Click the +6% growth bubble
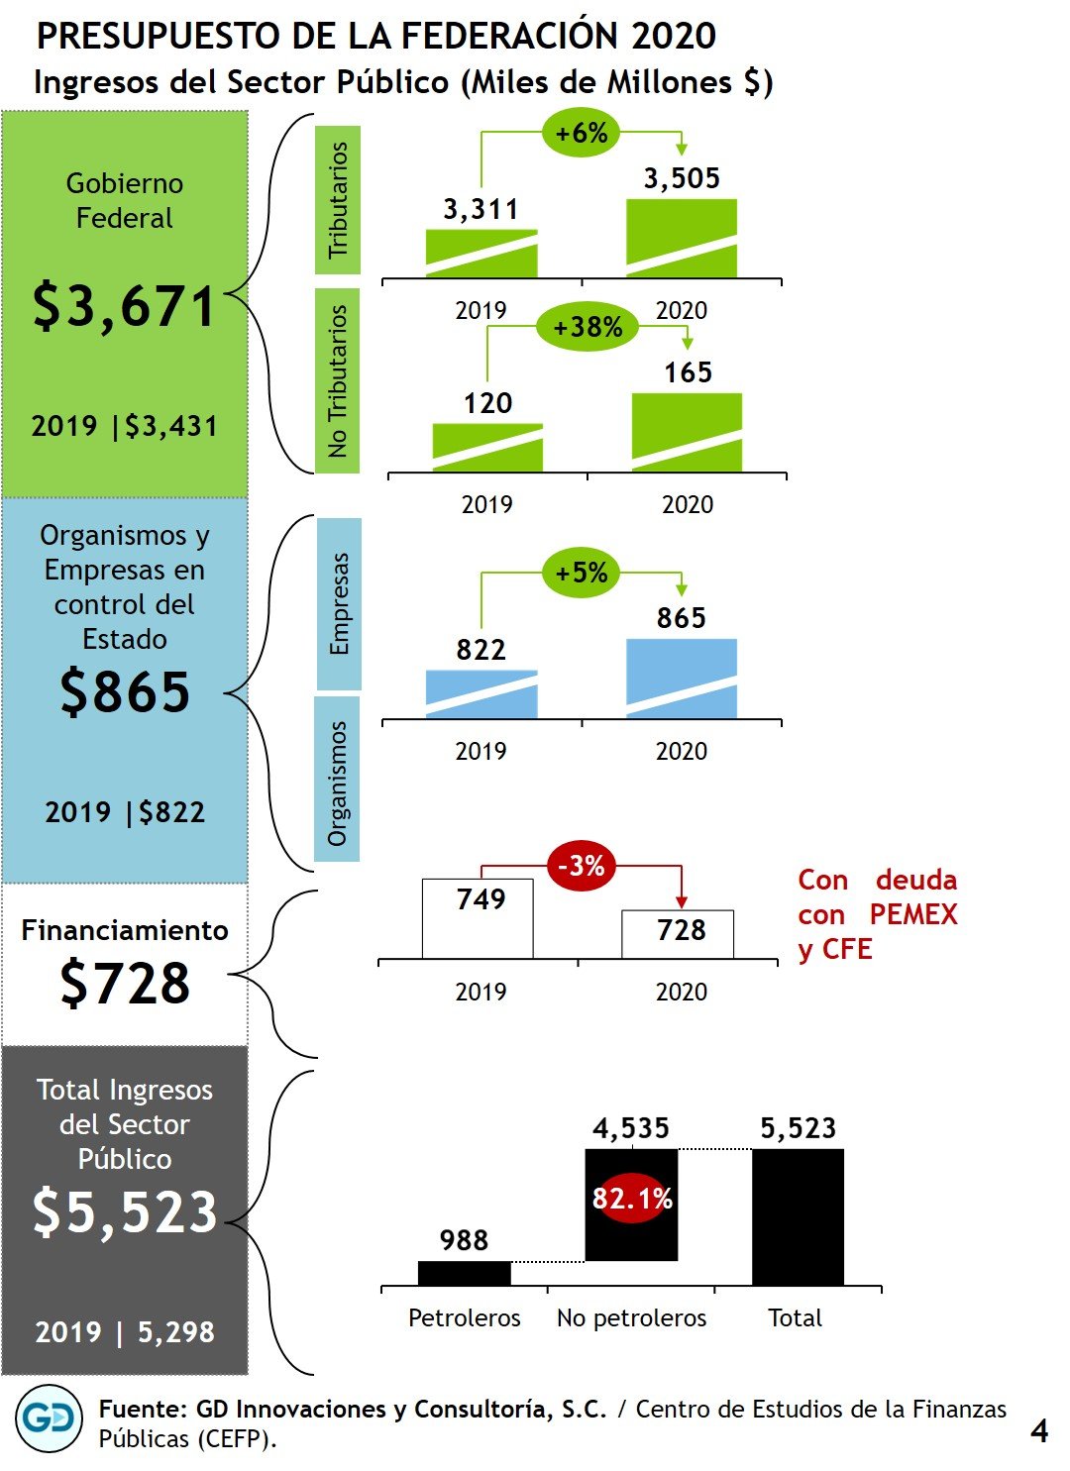pyautogui.click(x=582, y=133)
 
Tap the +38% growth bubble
pyautogui.click(x=588, y=327)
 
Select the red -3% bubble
pyautogui.click(x=581, y=867)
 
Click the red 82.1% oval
pyautogui.click(x=632, y=1199)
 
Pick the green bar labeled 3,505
pyautogui.click(x=682, y=238)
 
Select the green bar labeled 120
pyautogui.click(x=487, y=448)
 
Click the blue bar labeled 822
pyautogui.click(x=481, y=694)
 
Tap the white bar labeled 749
pyautogui.click(x=478, y=918)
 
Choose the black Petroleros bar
pyautogui.click(x=465, y=1273)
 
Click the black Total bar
pyautogui.click(x=798, y=1216)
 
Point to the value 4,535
pyautogui.click(x=631, y=1128)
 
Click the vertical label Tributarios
pyautogui.click(x=338, y=200)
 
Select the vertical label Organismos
pyautogui.click(x=337, y=784)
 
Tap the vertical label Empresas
pyautogui.click(x=339, y=603)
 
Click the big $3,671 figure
pyautogui.click(x=124, y=306)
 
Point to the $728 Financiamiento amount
pyautogui.click(x=125, y=984)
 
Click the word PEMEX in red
pyautogui.click(x=913, y=914)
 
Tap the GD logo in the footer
pyautogui.click(x=50, y=1418)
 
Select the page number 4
pyautogui.click(x=1038, y=1430)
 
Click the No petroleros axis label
pyautogui.click(x=631, y=1318)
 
